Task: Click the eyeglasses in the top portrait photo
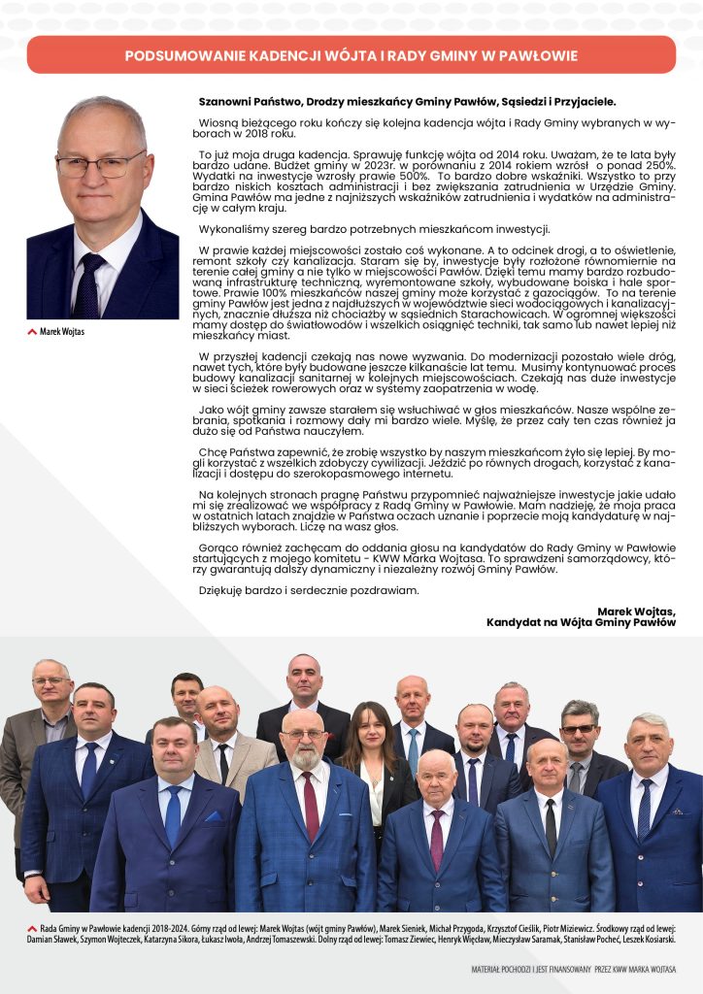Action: (100, 164)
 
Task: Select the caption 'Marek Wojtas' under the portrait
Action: (62, 332)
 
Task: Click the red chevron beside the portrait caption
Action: (33, 332)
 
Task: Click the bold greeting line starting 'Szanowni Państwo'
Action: (407, 101)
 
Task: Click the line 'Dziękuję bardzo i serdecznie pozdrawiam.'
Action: (309, 589)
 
